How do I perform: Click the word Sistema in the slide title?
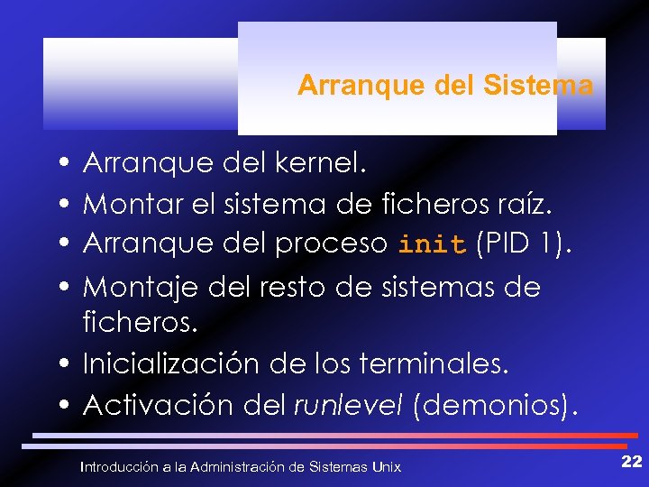[538, 86]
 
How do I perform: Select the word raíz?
[520, 204]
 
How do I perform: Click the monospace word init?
[433, 244]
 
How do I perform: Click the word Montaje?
[141, 287]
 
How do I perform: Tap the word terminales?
[434, 363]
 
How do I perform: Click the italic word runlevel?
[349, 405]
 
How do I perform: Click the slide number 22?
[631, 462]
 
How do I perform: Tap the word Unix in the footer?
[387, 466]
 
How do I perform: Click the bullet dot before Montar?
[69, 206]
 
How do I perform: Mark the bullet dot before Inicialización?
[69, 365]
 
